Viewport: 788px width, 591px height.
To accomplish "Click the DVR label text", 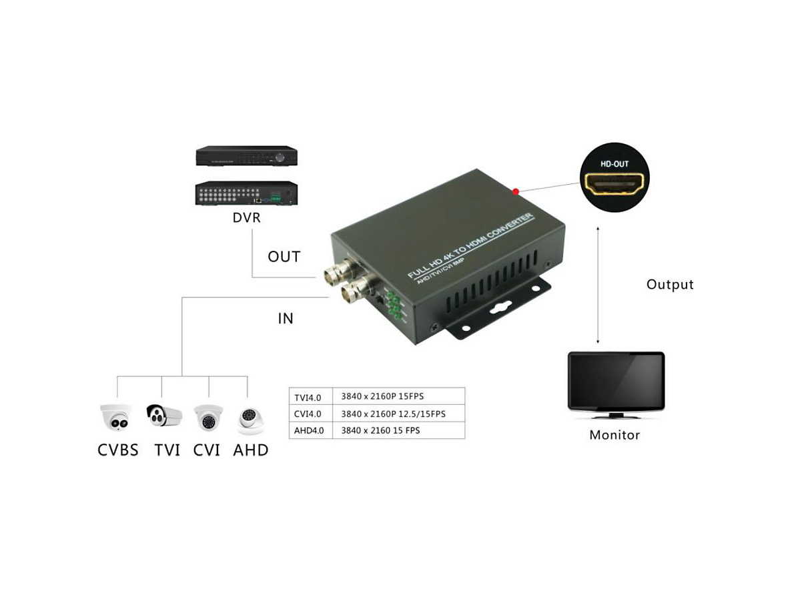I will click(246, 218).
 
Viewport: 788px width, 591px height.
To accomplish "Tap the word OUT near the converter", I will click(284, 257).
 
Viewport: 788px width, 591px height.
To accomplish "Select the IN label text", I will click(286, 319).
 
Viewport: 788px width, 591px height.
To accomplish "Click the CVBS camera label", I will click(118, 450).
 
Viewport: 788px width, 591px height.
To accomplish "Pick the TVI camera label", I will click(167, 450).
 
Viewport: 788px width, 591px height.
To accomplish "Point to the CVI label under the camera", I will click(207, 450).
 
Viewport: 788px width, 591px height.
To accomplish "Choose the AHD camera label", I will click(251, 450).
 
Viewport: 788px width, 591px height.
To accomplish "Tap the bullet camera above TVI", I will click(164, 416).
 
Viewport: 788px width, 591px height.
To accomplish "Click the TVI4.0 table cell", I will click(308, 398).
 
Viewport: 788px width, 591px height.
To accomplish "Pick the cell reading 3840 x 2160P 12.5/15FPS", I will click(393, 414).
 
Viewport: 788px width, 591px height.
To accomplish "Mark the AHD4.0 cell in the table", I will click(309, 431).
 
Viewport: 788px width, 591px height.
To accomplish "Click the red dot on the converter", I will click(516, 192).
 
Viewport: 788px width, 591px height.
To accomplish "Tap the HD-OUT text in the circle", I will click(614, 163).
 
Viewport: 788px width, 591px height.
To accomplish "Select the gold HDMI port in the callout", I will click(614, 183).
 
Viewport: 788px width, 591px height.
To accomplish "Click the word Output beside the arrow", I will click(670, 285).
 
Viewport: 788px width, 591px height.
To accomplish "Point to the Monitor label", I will click(615, 436).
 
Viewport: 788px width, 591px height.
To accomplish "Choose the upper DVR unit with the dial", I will click(246, 156).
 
